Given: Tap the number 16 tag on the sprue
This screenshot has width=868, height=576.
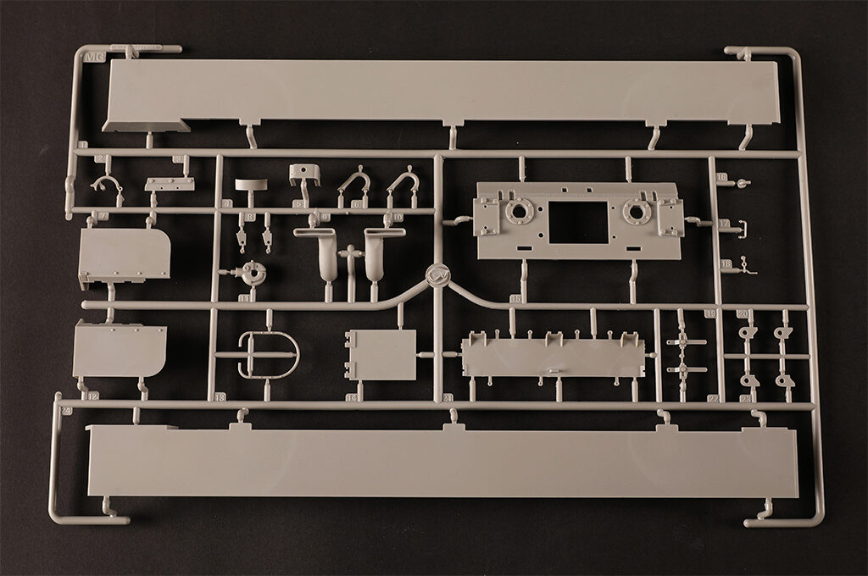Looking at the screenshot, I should pos(721,179).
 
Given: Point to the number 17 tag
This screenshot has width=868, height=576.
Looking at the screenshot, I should pos(723,224).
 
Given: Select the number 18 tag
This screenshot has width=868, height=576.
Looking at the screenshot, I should pos(726,264).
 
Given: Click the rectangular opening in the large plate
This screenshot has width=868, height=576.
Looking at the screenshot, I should pos(578,222).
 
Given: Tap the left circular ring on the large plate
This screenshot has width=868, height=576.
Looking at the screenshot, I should pos(520,212).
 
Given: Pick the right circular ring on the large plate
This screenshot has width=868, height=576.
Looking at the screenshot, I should pos(637,212).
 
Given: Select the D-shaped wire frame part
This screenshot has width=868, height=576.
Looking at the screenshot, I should pos(269,355).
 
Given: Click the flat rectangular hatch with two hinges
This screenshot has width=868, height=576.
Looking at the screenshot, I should pos(380,355).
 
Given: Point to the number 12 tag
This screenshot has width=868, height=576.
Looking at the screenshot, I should pos(93,396).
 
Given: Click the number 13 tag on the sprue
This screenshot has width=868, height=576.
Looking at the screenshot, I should pos(220,396).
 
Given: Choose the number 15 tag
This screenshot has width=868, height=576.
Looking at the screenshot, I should pos(515,299).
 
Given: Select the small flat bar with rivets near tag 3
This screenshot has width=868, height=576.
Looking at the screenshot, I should pos(169,184).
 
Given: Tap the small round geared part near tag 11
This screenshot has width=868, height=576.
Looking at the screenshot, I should pos(251,273).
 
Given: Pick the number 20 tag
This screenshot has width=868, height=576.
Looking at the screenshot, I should pos(742,313).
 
